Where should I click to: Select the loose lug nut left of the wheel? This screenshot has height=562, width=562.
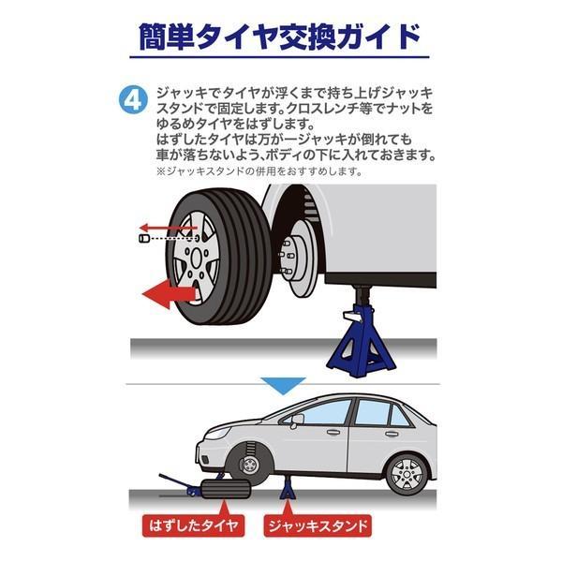click(143, 241)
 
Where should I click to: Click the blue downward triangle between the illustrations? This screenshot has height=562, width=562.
click(282, 385)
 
